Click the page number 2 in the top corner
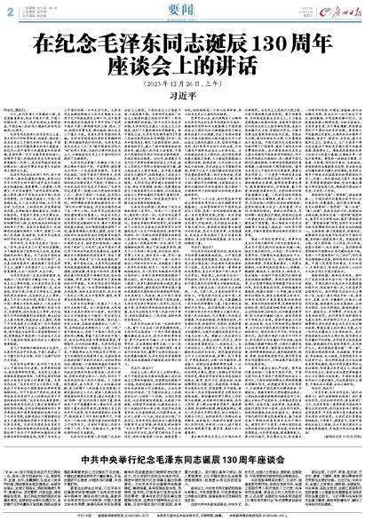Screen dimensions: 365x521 point(7,9)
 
